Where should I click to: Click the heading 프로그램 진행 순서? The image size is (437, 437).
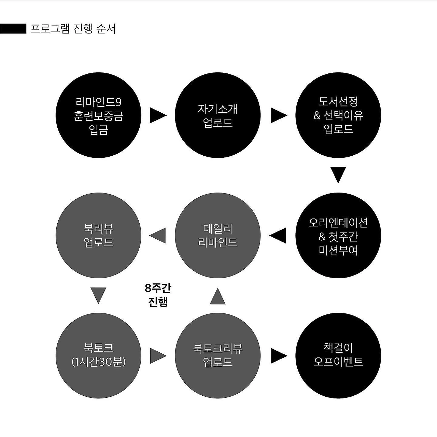pos(73,29)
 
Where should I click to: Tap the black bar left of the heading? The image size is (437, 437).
pos(13,29)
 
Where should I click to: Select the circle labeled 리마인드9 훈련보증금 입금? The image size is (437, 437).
pos(98,115)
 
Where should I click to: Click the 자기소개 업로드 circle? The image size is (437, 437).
pos(218,115)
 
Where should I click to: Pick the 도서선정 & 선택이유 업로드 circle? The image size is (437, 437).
pos(338,115)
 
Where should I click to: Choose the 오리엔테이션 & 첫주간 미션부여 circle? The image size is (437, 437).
pos(338,236)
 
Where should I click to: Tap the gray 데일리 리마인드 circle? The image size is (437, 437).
pos(218,236)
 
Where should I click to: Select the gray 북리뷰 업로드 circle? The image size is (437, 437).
pos(98,236)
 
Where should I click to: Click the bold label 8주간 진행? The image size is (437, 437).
pos(158,295)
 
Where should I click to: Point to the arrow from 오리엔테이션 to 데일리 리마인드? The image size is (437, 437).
pos(278,236)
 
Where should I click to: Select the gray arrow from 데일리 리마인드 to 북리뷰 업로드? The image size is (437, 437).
pos(158,236)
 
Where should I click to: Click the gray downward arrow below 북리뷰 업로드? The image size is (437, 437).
pos(98,295)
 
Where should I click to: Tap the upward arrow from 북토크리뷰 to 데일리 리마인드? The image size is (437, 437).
pos(218,296)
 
